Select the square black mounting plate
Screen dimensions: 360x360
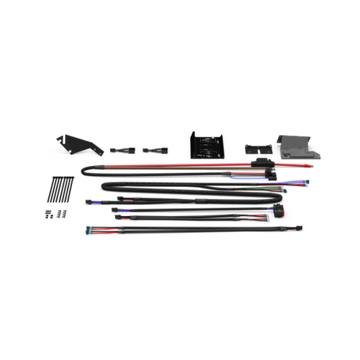tap(205, 146)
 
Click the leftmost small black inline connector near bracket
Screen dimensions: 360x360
tap(117, 148)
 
